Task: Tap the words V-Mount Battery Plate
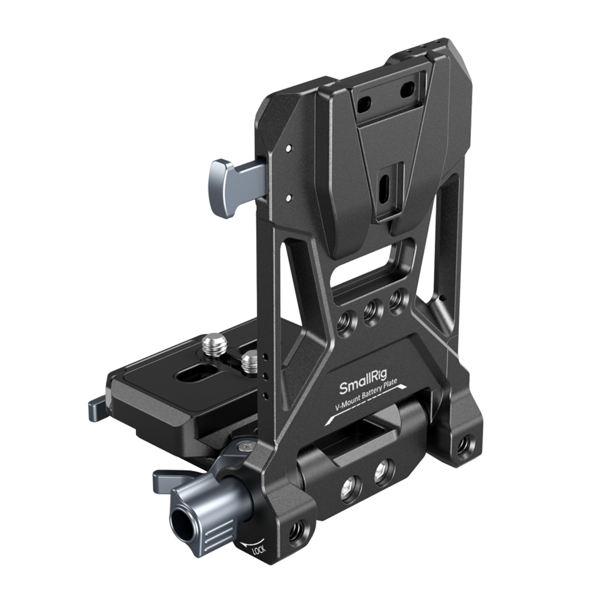pyautogui.click(x=366, y=395)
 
